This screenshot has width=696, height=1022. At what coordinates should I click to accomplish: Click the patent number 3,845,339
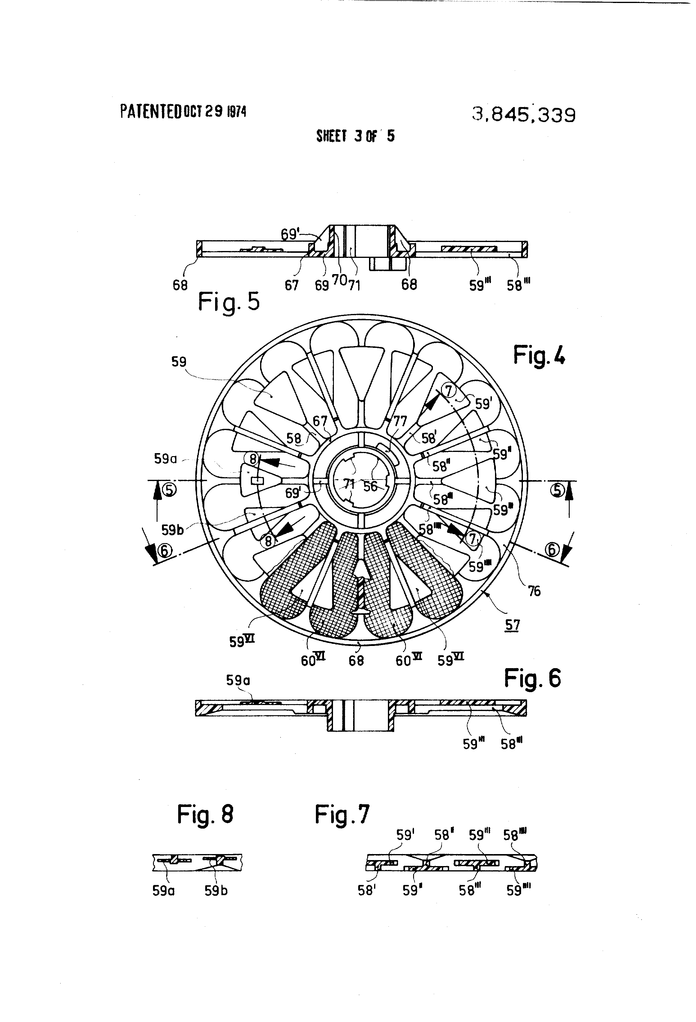(x=523, y=115)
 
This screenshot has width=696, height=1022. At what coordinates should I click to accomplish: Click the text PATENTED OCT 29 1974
(x=183, y=112)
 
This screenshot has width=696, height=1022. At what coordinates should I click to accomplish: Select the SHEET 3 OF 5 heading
(x=355, y=136)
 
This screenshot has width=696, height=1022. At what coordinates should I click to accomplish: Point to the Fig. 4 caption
(x=539, y=355)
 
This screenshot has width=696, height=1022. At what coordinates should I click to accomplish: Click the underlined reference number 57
(x=512, y=625)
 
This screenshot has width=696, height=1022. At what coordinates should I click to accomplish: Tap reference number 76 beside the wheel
(x=534, y=591)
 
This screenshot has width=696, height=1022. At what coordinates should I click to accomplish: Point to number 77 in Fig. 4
(x=400, y=422)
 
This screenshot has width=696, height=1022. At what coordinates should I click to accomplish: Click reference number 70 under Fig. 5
(x=340, y=280)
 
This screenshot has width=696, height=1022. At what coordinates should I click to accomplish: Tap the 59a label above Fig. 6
(x=238, y=680)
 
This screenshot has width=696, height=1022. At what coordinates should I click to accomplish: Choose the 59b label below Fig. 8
(x=216, y=891)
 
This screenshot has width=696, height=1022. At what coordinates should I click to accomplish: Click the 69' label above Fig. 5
(x=289, y=235)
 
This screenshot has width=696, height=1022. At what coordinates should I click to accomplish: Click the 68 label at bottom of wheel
(x=356, y=661)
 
